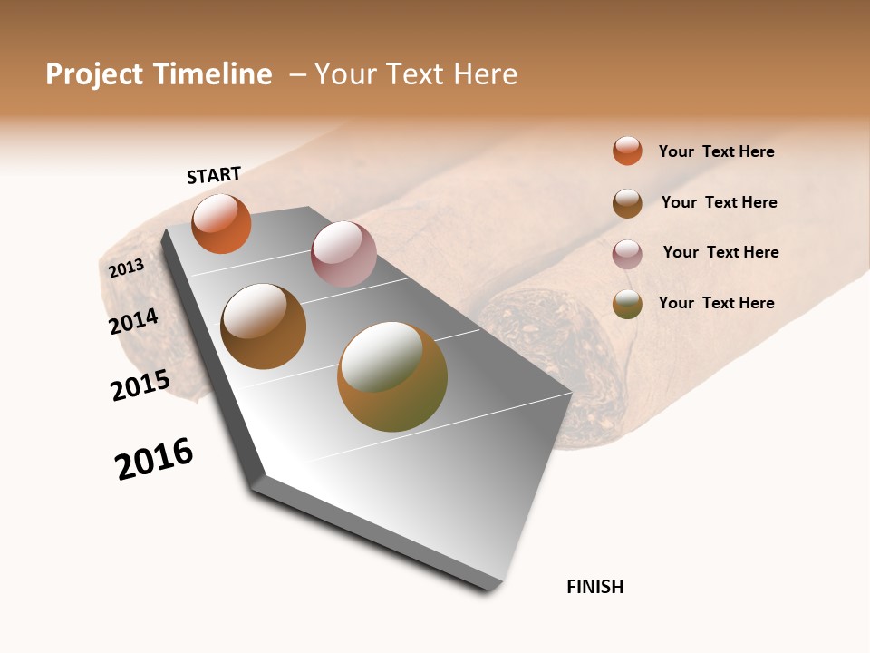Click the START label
point(214,175)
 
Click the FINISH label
point(594,587)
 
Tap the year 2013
point(126,268)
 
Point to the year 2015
point(140,385)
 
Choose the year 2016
point(154,459)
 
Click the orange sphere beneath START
point(221,224)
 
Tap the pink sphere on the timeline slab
point(343,254)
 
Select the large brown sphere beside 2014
point(264,326)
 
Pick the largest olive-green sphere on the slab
point(392,376)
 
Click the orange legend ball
point(627,151)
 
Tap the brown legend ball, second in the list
point(627,203)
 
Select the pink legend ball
point(627,254)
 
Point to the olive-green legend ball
point(627,304)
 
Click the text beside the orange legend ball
point(716,151)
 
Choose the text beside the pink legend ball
point(720,252)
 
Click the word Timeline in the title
point(212,74)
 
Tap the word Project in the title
point(94,74)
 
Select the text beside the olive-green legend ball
point(716,303)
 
